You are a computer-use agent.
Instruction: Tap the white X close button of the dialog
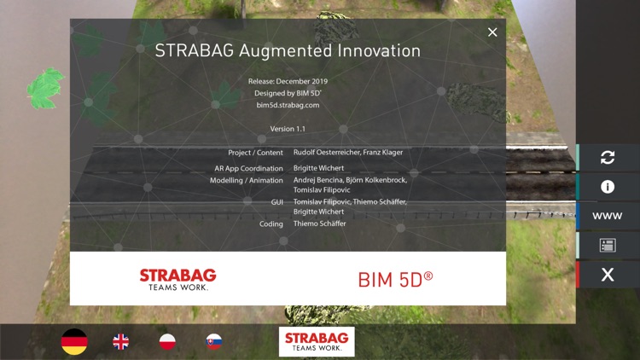coord(492,32)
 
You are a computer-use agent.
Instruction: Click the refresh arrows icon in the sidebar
coord(608,157)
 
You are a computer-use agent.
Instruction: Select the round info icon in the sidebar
coord(608,187)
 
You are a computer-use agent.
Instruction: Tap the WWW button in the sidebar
coord(608,216)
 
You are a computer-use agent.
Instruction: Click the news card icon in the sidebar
coord(608,246)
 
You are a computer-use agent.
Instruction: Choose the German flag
coord(74,342)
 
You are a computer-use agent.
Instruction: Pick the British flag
coord(121,342)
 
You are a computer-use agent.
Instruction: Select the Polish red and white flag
coord(168,342)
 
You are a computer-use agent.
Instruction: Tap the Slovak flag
coord(214,342)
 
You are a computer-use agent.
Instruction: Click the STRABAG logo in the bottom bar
coord(317,341)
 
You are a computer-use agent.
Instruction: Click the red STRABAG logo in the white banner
coord(177,279)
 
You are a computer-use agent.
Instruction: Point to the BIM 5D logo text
coord(395,279)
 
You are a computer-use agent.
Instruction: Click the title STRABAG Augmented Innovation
coord(288,51)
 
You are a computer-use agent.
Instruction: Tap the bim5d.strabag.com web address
coord(288,105)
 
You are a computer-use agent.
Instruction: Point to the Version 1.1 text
coord(288,129)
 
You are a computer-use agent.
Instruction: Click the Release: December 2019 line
coord(288,82)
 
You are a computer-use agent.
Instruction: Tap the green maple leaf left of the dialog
coord(46,87)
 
